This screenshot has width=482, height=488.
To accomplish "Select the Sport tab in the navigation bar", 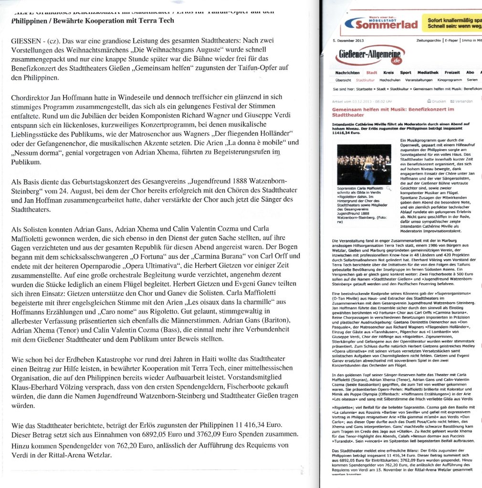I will (405, 73).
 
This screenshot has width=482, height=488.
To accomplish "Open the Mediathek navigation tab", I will (428, 73).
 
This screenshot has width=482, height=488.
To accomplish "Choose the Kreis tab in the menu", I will (388, 73).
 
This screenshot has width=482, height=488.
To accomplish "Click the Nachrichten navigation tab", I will (347, 73).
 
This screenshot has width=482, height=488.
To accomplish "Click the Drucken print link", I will (438, 102).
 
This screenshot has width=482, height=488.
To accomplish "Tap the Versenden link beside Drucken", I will (462, 102).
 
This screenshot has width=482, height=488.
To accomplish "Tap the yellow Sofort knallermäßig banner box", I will (453, 24).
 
